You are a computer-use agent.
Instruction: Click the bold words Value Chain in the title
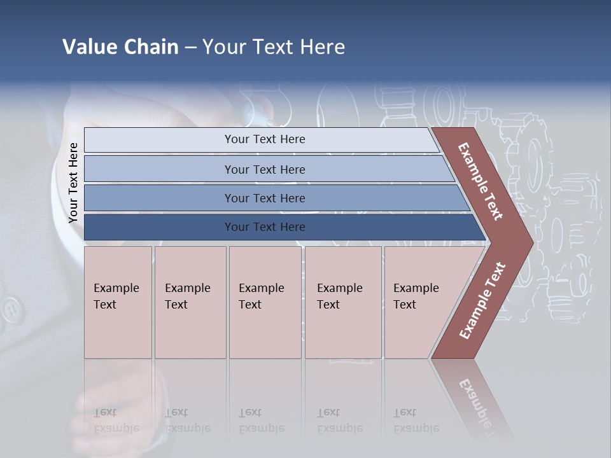coord(120,47)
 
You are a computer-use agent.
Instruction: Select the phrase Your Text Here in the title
coord(274,47)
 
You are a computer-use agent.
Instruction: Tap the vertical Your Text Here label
coord(73,183)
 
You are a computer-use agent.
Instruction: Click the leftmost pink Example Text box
coord(118,302)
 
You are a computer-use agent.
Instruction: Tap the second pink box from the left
coord(190,302)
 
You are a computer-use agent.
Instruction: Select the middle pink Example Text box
coord(265,302)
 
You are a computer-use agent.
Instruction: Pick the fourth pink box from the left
coord(343,302)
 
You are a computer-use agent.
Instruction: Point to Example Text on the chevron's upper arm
coord(481,181)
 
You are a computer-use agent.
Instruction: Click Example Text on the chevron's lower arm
coord(482,300)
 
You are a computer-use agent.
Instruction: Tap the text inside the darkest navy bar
coord(265,227)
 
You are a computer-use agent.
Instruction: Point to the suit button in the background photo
coord(10,312)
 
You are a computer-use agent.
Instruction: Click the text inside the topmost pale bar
coord(265,139)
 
